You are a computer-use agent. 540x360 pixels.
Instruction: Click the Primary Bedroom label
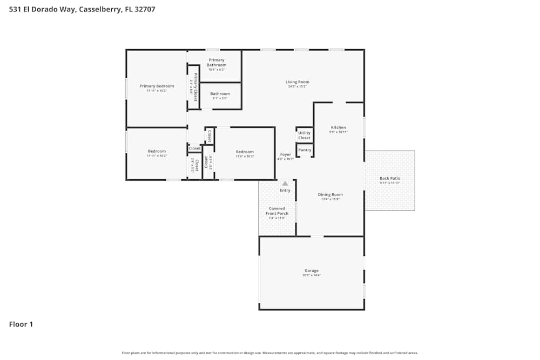157,86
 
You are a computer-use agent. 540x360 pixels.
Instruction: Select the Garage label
312,270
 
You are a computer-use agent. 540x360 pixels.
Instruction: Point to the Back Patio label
389,178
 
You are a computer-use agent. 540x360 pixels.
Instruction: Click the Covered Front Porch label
277,211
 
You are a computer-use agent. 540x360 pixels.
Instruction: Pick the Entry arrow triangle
285,184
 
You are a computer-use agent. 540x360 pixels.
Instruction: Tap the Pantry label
305,150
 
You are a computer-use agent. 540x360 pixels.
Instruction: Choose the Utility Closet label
305,135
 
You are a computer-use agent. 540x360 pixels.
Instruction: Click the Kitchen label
339,127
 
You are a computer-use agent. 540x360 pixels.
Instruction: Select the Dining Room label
330,194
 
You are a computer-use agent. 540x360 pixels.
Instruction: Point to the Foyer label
285,154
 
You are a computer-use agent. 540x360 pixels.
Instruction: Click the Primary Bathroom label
217,63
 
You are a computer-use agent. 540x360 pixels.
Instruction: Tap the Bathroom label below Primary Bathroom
220,93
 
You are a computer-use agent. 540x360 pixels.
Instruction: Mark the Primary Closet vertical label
195,87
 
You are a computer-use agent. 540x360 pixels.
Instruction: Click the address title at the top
82,9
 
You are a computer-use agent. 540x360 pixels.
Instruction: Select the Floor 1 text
21,324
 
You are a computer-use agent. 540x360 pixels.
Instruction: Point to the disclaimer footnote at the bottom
270,353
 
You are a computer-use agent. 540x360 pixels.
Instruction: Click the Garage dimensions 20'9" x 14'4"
312,275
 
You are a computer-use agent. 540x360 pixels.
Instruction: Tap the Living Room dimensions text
297,86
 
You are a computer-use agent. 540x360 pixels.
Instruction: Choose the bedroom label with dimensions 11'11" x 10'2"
157,151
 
